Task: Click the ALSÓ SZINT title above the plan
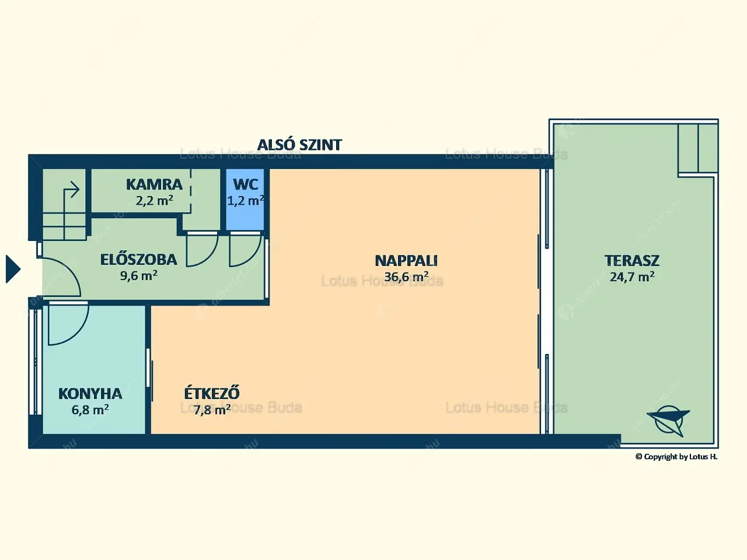pyautogui.click(x=299, y=145)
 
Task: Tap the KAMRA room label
pyautogui.click(x=154, y=184)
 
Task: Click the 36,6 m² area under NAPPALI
pyautogui.click(x=406, y=276)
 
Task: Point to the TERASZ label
pyautogui.click(x=632, y=261)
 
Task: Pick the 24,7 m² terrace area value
pyautogui.click(x=632, y=276)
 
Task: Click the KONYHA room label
pyautogui.click(x=90, y=394)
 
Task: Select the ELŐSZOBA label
pyautogui.click(x=138, y=259)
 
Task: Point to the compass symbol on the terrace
pyautogui.click(x=669, y=419)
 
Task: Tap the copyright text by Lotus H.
pyautogui.click(x=676, y=457)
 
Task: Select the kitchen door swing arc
pyautogui.click(x=67, y=324)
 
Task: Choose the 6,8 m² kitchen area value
pyautogui.click(x=90, y=409)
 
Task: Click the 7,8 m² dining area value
pyautogui.click(x=212, y=409)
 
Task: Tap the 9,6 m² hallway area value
pyautogui.click(x=138, y=275)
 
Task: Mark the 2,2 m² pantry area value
pyautogui.click(x=154, y=201)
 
